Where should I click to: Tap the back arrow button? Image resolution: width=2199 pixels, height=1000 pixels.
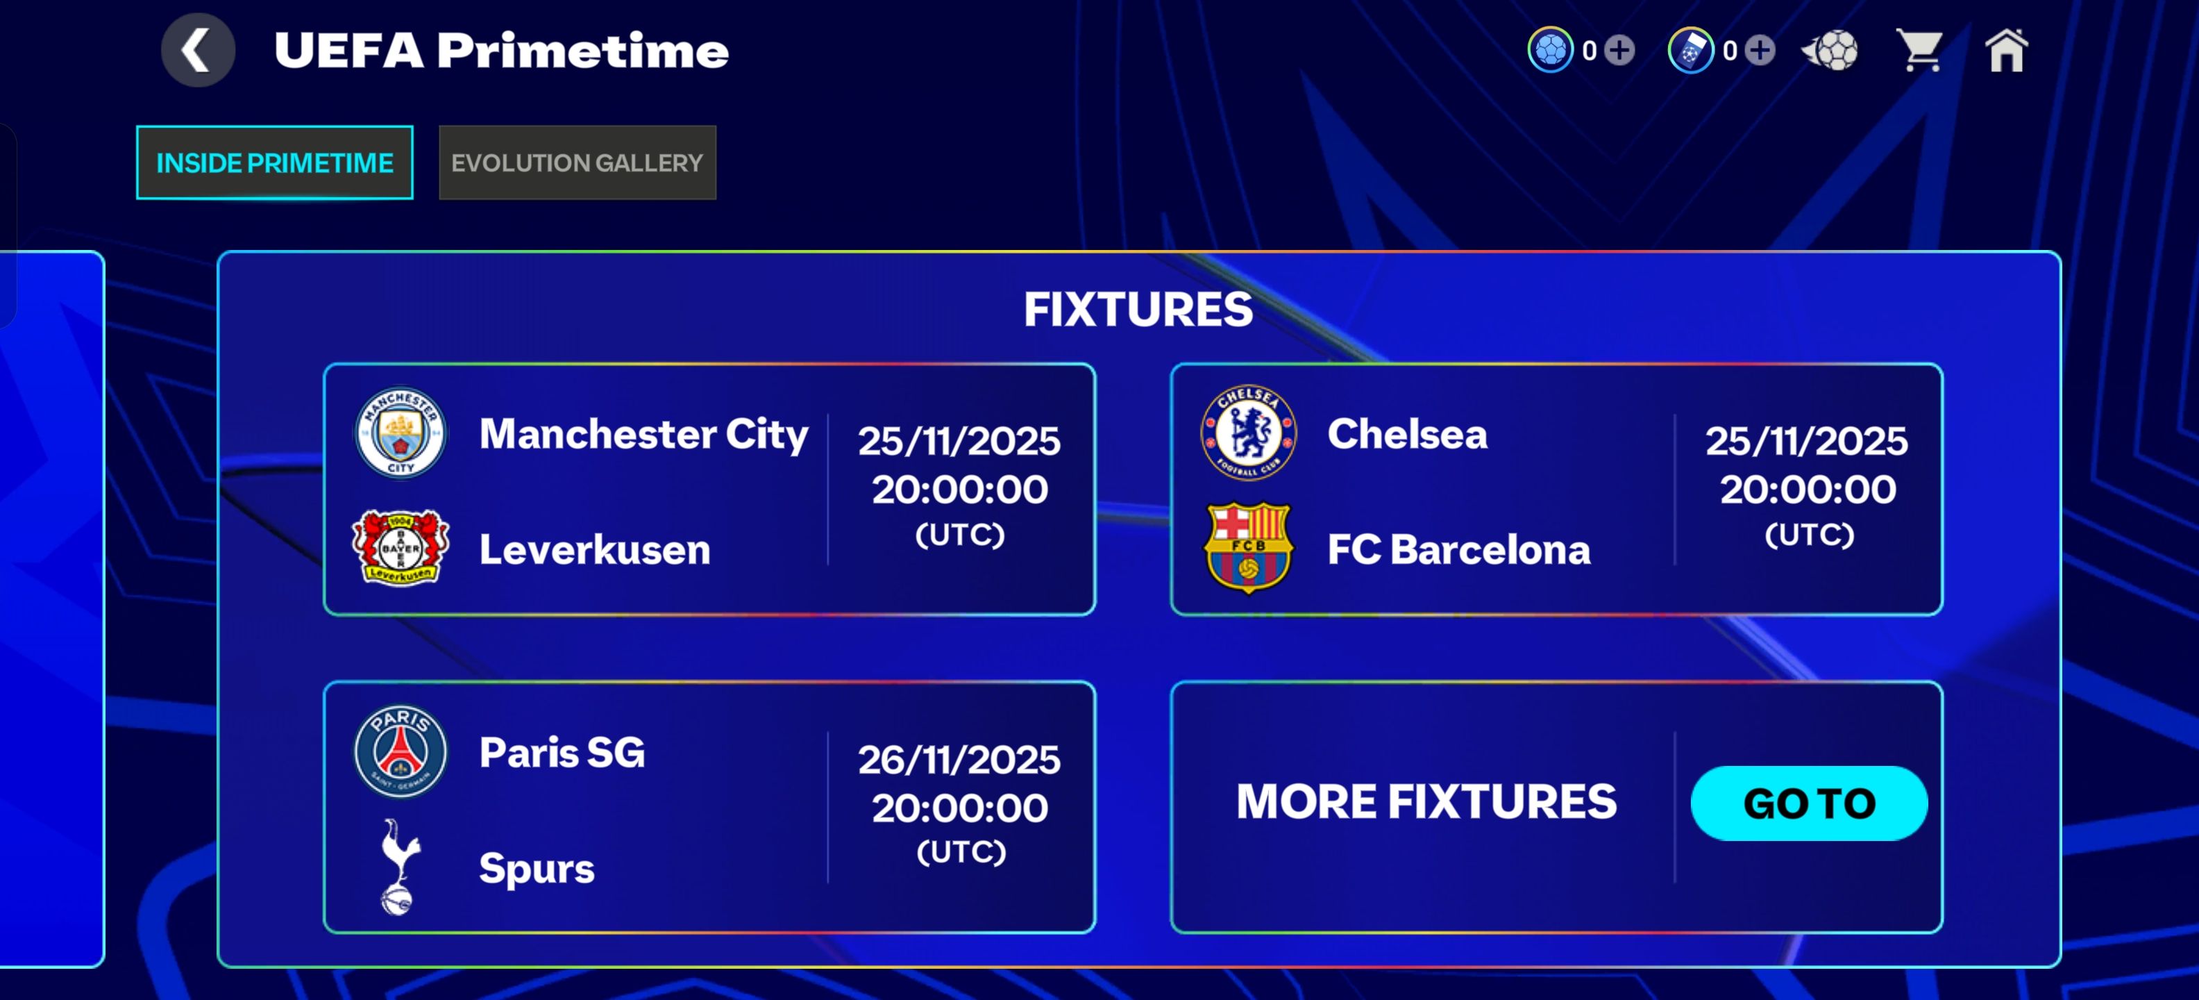click(198, 51)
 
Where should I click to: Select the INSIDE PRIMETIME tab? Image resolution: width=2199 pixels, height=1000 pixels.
click(275, 162)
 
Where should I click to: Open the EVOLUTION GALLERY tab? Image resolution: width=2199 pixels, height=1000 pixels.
click(577, 162)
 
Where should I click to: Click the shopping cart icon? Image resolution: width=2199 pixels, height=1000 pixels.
click(1919, 51)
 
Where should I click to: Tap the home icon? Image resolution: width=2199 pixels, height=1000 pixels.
click(2007, 51)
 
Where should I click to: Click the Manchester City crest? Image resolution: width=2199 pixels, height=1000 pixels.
click(401, 433)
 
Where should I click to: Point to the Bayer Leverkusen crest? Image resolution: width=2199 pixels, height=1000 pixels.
click(401, 547)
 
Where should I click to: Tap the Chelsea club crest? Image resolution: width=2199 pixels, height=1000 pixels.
click(1248, 432)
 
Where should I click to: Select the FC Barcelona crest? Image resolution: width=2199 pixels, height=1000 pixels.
click(1248, 547)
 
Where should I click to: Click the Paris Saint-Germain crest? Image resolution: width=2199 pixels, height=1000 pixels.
click(401, 751)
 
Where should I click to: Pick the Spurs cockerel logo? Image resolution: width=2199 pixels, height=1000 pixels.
click(398, 867)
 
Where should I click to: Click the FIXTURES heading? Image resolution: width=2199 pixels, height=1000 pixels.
click(1138, 309)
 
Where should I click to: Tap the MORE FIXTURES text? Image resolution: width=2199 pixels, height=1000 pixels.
click(1426, 802)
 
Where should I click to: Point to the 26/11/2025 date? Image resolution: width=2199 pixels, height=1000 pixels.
click(959, 759)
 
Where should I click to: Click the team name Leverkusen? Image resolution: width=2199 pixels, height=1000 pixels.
click(595, 549)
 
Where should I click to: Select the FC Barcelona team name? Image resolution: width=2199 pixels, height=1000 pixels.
click(1459, 549)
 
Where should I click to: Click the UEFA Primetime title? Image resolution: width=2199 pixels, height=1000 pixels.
click(501, 51)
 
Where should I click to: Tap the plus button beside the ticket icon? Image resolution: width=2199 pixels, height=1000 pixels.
click(1760, 51)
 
